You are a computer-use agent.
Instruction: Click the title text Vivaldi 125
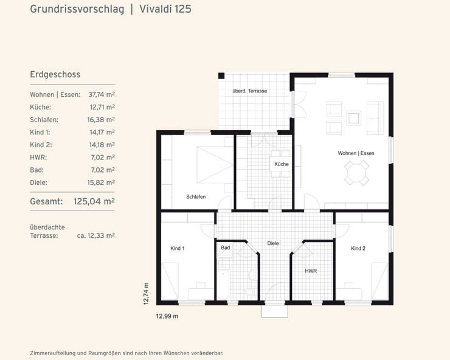[x=164, y=10]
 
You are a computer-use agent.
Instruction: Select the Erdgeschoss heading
[x=55, y=75]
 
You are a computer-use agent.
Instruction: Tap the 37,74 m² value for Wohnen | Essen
[x=102, y=95]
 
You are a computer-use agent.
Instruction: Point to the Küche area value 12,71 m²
[x=102, y=107]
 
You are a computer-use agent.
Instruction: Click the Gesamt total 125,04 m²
[x=94, y=201]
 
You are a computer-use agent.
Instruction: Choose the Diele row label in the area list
[x=38, y=182]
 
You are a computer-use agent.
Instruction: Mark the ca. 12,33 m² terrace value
[x=95, y=235]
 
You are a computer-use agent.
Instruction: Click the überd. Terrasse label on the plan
[x=249, y=91]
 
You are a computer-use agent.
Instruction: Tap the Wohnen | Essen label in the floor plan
[x=356, y=153]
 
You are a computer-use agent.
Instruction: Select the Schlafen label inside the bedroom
[x=196, y=196]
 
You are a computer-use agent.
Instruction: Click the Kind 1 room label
[x=178, y=248]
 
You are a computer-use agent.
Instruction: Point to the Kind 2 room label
[x=358, y=248]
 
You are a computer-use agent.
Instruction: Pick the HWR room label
[x=311, y=271]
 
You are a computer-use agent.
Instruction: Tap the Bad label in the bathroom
[x=226, y=248]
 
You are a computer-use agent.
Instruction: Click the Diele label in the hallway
[x=273, y=243]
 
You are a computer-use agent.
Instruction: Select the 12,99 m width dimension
[x=167, y=316]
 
